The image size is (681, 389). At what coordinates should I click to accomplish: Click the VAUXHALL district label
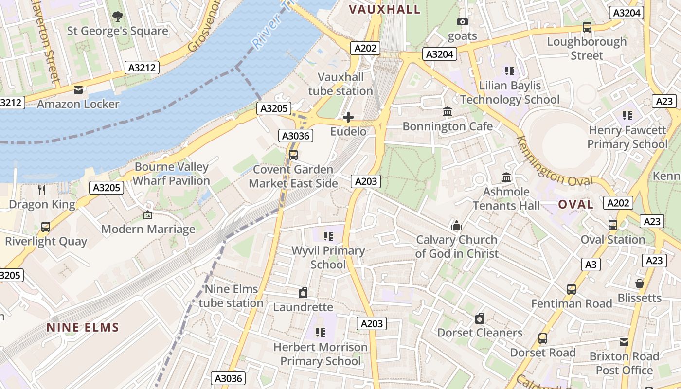click(384, 10)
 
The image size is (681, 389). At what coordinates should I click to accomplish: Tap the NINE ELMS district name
click(83, 327)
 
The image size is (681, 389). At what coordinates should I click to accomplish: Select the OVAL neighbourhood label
click(575, 204)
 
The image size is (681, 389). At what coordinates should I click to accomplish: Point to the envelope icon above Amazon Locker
click(78, 90)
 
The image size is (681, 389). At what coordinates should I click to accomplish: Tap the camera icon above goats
click(462, 21)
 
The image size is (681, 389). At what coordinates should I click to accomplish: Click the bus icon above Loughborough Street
click(587, 27)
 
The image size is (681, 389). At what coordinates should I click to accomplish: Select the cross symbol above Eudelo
click(348, 117)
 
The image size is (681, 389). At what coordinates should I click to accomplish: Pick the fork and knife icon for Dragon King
click(42, 190)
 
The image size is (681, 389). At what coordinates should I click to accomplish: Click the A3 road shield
click(591, 265)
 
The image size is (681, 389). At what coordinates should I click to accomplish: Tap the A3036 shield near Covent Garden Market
click(296, 136)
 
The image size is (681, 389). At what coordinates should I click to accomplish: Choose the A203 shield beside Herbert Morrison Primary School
click(372, 323)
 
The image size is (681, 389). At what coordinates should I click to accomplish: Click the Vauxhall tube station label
click(340, 84)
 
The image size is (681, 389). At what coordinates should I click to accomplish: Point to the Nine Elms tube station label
click(231, 296)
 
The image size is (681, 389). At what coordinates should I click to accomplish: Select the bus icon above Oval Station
click(613, 225)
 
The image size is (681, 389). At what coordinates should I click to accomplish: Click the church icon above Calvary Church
click(456, 225)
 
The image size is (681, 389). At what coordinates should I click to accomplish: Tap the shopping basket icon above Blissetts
click(640, 283)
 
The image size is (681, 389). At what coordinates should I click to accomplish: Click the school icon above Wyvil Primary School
click(328, 236)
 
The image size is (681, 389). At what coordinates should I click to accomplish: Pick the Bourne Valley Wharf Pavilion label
click(171, 174)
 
